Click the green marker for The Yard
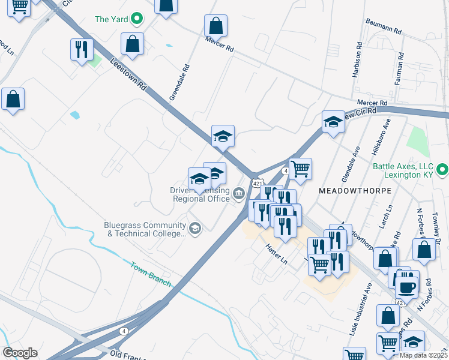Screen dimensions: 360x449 click(137, 19)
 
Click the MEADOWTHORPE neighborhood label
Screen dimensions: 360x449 click(354, 190)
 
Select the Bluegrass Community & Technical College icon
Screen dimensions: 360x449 click(195, 228)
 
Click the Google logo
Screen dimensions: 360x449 click(20, 353)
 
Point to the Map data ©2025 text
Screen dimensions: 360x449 click(423, 355)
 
